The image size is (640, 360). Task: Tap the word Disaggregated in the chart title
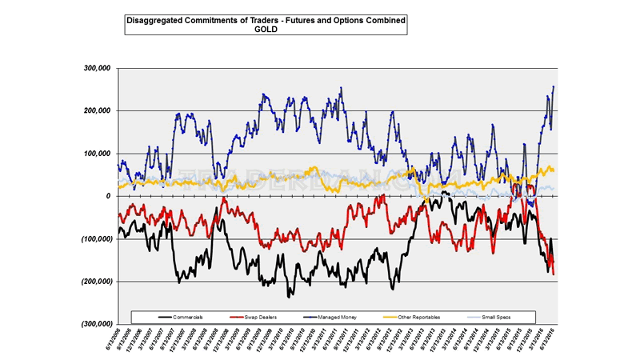156,19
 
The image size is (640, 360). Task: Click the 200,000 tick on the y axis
96,110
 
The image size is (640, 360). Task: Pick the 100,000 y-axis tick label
96,153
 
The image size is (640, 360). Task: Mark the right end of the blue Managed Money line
554,86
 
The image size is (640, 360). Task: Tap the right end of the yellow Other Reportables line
554,170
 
